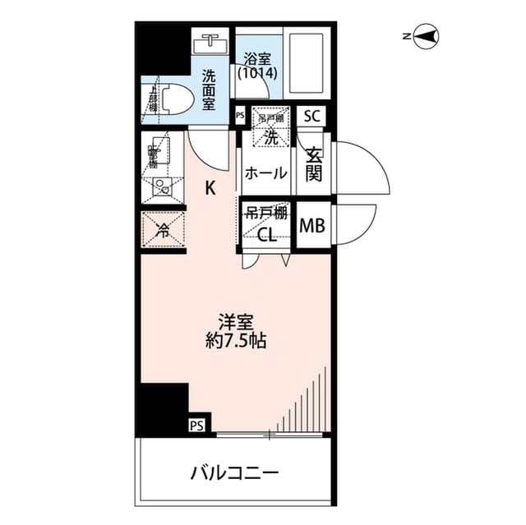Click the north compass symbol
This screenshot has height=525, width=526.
click(x=426, y=36)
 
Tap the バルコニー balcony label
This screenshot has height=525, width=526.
click(x=236, y=473)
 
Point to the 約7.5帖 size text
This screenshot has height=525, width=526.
click(x=235, y=340)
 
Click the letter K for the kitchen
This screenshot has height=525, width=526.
click(x=210, y=188)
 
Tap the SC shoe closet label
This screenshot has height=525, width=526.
click(x=311, y=115)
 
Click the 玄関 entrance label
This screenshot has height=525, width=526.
click(x=314, y=162)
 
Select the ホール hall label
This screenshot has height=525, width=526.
click(x=266, y=173)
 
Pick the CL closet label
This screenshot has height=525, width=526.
click(x=266, y=235)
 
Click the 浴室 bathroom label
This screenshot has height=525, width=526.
click(x=257, y=59)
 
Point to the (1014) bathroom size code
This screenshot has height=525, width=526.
click(x=257, y=72)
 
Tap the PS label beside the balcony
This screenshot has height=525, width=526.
click(x=196, y=426)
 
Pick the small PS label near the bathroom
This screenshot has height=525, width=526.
click(x=240, y=116)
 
